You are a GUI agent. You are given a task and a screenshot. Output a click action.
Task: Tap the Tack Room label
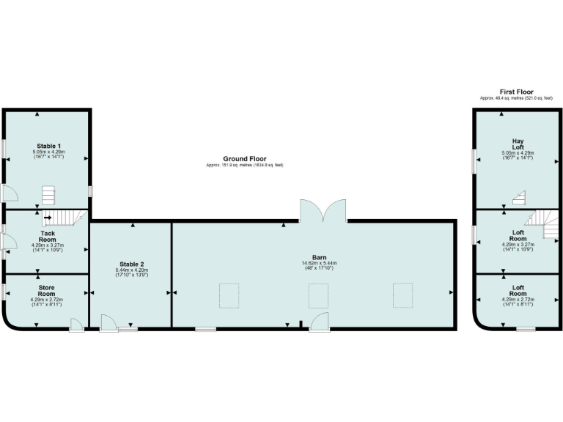pyautogui.click(x=48, y=237)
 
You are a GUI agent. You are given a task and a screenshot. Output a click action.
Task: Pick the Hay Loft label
pyautogui.click(x=518, y=143)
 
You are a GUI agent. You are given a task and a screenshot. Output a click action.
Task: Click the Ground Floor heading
pyautogui.click(x=245, y=158)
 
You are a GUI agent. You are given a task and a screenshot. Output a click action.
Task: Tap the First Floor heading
pyautogui.click(x=517, y=92)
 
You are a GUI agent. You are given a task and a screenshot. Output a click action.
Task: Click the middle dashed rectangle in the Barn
pyautogui.click(x=318, y=295)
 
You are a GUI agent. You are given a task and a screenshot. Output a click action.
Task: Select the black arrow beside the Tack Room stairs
pyautogui.click(x=48, y=217)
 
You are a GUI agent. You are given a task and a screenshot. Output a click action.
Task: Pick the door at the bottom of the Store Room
pyautogui.click(x=76, y=325)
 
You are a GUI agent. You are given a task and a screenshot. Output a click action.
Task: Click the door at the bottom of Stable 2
pyautogui.click(x=108, y=323)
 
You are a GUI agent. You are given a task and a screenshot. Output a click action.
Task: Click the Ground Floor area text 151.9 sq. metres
pyautogui.click(x=245, y=165)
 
